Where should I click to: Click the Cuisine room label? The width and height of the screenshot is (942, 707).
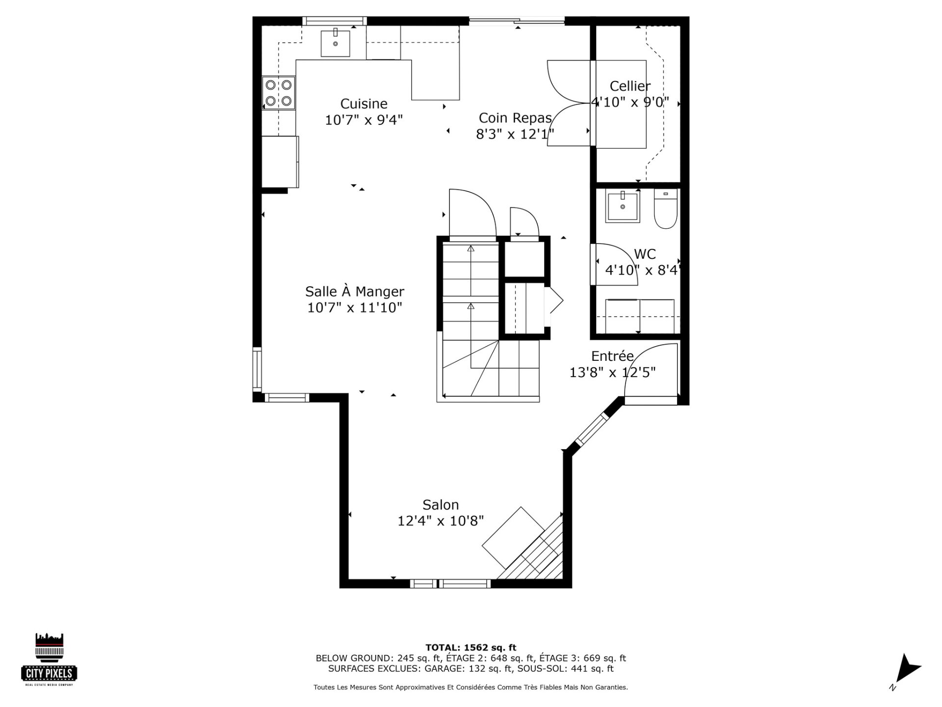[364, 104]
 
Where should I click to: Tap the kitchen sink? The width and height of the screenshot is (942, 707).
[336, 44]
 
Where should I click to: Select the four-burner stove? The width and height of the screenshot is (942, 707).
[279, 93]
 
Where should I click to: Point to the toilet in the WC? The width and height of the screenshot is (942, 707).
[665, 209]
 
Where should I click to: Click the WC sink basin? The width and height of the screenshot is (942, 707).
[623, 206]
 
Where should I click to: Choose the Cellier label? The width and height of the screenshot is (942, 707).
[630, 86]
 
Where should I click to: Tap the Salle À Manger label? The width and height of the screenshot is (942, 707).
[355, 291]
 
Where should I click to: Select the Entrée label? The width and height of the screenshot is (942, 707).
[612, 356]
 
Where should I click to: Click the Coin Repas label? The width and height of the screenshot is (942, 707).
[515, 118]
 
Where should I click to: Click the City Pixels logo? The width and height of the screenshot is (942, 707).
[50, 659]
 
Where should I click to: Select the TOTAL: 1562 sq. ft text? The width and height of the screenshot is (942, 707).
[471, 648]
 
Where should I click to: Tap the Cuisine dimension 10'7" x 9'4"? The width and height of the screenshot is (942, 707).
[364, 120]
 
